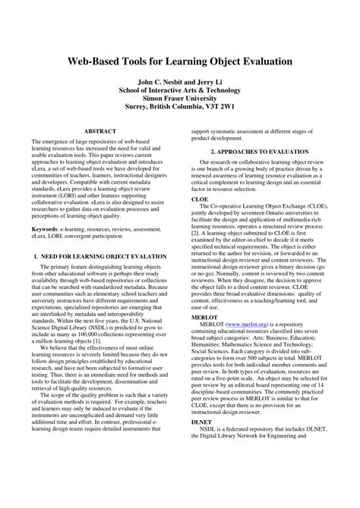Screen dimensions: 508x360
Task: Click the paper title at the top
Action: tap(180, 59)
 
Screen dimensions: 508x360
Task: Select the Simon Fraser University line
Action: tap(179, 98)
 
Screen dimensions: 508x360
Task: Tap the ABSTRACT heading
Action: tap(99, 131)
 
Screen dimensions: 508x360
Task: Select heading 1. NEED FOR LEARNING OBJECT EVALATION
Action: tap(99, 258)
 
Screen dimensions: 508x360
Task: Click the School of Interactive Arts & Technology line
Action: tap(179, 89)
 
